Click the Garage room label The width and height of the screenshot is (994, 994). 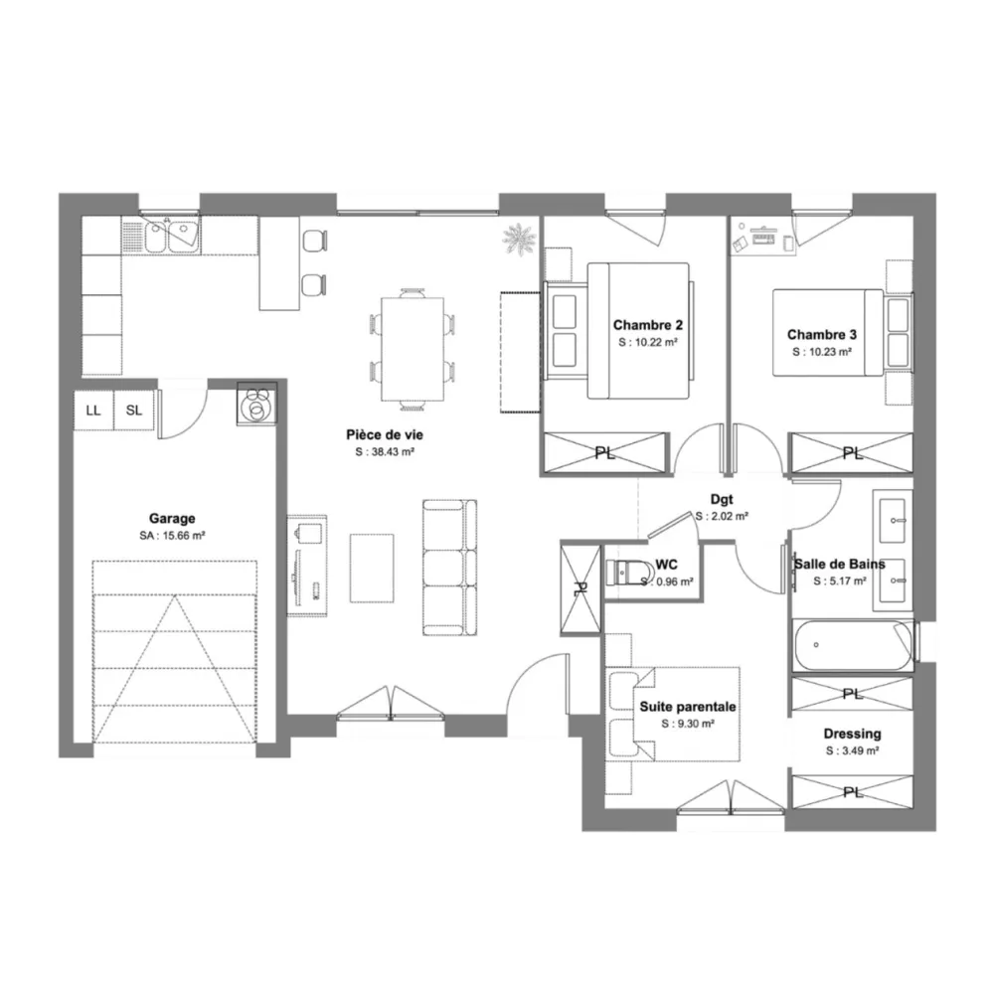172,519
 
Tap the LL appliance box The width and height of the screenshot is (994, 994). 93,411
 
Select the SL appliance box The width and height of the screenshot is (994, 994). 134,411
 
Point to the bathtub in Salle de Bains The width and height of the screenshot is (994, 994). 853,645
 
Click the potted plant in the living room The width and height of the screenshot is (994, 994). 519,239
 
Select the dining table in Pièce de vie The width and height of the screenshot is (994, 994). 413,349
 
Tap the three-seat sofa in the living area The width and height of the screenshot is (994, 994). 449,568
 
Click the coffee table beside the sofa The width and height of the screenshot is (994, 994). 372,568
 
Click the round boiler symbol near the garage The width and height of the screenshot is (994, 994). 257,403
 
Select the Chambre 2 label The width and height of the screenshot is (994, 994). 648,325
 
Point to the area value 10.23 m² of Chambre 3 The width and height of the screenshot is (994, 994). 822,352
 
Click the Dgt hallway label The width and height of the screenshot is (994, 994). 722,500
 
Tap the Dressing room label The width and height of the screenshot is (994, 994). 853,734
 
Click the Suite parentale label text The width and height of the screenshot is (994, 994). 688,706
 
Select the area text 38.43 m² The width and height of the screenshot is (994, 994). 385,452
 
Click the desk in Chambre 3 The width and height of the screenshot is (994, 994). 763,238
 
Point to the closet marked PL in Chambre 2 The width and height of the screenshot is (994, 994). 606,452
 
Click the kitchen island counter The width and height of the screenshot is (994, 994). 279,263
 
